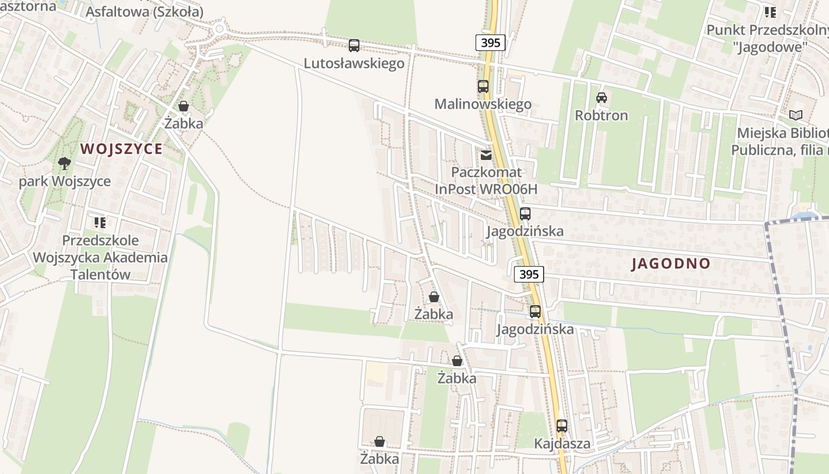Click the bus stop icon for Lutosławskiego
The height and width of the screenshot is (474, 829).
click(x=354, y=45)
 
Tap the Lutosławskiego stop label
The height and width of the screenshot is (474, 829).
click(x=354, y=63)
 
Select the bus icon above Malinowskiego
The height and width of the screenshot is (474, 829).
click(x=483, y=86)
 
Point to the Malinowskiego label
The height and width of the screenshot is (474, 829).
click(x=483, y=104)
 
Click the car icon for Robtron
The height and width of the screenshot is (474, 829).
click(x=602, y=97)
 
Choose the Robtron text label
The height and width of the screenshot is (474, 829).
click(x=602, y=115)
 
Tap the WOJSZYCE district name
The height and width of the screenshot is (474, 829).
click(x=121, y=149)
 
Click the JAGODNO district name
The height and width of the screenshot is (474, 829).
click(x=671, y=264)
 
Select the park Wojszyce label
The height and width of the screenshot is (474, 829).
click(x=65, y=181)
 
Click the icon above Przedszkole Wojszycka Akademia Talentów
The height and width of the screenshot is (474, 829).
click(x=100, y=223)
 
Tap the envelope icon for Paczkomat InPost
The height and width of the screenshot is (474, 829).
click(x=486, y=155)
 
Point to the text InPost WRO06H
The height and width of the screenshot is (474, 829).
click(x=486, y=189)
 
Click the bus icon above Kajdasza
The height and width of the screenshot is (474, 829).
click(x=562, y=425)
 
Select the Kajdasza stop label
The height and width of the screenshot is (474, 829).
click(x=562, y=443)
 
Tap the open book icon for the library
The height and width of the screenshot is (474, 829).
click(x=796, y=115)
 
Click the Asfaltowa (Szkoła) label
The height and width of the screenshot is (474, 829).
click(x=144, y=12)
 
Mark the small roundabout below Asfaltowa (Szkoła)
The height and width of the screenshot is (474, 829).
click(x=220, y=28)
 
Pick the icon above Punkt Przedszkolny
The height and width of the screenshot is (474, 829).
click(x=770, y=12)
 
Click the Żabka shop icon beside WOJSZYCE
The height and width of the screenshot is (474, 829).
click(x=184, y=106)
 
